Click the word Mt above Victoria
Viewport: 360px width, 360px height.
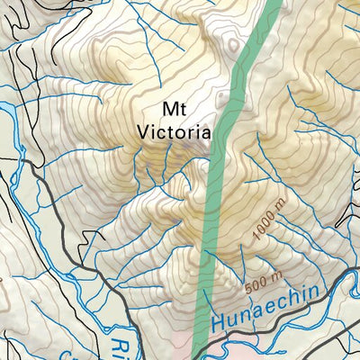point(175,109)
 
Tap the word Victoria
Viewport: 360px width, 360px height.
point(175,130)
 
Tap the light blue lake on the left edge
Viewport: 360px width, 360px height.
point(6,116)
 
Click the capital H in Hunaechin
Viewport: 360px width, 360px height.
point(218,322)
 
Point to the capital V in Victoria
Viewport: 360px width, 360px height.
point(142,131)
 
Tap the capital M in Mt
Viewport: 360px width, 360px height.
point(168,109)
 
